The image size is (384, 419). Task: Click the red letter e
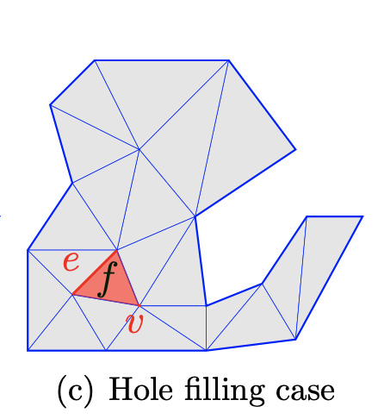click(71, 262)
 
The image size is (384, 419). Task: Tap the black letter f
click(107, 279)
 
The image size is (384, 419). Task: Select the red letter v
click(134, 323)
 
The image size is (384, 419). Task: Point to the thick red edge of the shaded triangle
click(95, 272)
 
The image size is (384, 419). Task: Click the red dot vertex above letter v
click(139, 305)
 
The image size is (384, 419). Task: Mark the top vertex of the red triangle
click(116, 250)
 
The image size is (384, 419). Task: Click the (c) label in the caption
click(76, 391)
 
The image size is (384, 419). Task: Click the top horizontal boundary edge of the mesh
click(162, 60)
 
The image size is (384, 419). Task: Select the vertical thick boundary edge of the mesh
click(28, 300)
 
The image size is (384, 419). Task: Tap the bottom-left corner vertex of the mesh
click(28, 351)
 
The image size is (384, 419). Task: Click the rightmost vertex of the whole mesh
click(363, 216)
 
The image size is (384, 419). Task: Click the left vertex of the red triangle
click(72, 295)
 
